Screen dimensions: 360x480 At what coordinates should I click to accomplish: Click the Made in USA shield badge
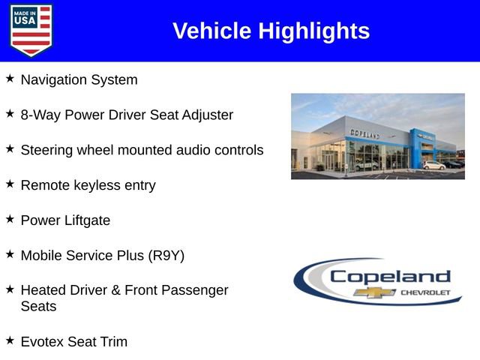[x=31, y=30]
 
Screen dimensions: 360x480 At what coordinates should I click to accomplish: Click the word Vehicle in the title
[x=212, y=31]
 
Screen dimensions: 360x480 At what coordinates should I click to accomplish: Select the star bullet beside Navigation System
[x=10, y=78]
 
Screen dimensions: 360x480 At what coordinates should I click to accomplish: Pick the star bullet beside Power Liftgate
[x=10, y=219]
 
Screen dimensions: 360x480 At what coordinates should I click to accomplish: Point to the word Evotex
[x=43, y=342]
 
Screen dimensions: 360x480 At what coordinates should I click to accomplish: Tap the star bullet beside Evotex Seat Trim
[x=10, y=340]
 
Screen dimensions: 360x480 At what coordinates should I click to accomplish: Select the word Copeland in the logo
[x=390, y=276]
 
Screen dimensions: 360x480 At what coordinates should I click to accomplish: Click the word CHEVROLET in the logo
[x=426, y=292]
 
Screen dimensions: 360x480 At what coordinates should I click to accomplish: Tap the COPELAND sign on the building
[x=365, y=133]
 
